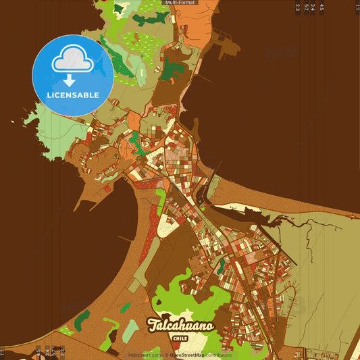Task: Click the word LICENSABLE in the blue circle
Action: point(72,95)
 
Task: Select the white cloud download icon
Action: point(72,63)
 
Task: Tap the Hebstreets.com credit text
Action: point(145,355)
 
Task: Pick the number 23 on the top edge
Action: point(298,7)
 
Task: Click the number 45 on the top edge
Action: point(322,7)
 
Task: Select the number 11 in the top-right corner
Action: point(357,7)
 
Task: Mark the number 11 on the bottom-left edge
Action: point(2,352)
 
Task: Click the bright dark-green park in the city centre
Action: point(136,140)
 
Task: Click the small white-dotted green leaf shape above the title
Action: point(126,308)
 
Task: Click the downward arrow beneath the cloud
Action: point(70,80)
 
